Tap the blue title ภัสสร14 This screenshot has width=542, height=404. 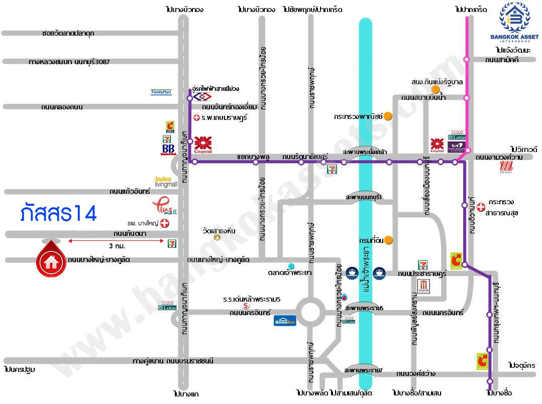(58, 213)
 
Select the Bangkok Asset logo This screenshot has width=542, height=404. (514, 22)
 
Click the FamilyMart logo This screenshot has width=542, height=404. (161, 92)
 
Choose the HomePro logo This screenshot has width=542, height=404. (285, 320)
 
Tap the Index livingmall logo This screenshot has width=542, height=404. (166, 182)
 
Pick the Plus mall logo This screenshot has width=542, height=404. (164, 206)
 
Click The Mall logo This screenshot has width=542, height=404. (505, 169)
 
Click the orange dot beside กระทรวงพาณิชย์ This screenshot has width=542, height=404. (388, 116)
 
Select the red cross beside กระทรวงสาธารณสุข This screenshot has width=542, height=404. (481, 206)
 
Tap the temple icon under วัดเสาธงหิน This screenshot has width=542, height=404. (217, 237)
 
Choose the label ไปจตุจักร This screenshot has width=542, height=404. (522, 365)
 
